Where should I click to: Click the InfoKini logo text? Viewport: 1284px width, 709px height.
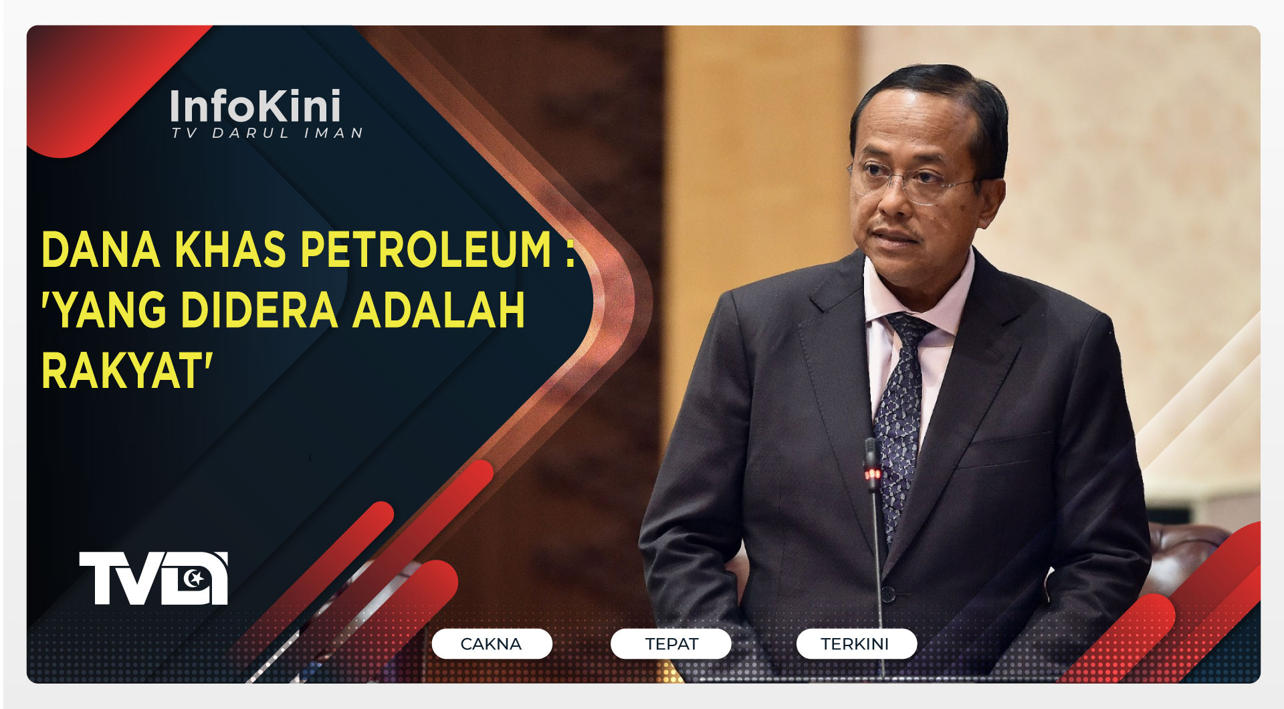tap(255, 106)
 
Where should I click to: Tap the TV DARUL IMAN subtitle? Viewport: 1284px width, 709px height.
tap(267, 133)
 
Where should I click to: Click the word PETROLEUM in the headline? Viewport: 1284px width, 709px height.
tap(426, 250)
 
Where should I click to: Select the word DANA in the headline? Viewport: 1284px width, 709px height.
tap(100, 250)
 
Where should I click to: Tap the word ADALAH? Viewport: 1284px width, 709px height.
tap(438, 310)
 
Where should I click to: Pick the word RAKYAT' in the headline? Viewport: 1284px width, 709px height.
tap(127, 371)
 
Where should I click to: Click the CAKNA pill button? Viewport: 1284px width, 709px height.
tap(492, 643)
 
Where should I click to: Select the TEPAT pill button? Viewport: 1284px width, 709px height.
tap(671, 643)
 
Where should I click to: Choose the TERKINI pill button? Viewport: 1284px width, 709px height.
tap(855, 643)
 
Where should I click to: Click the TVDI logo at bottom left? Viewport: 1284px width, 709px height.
tap(153, 578)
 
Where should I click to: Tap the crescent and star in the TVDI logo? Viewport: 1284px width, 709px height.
tap(195, 577)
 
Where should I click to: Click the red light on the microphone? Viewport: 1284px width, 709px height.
tap(873, 474)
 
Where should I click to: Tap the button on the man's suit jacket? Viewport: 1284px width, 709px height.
tap(888, 593)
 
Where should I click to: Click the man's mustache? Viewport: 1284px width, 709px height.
tap(893, 234)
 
